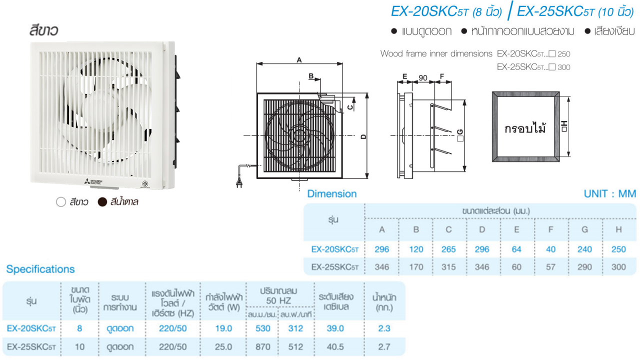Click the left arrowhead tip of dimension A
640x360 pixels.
coord(257,63)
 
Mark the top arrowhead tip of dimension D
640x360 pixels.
coord(367,93)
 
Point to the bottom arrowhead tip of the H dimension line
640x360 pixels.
coord(568,156)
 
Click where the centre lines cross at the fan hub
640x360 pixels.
coord(299,135)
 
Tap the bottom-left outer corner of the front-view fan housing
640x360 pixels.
coord(257,178)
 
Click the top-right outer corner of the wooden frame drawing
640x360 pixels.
coord(559,92)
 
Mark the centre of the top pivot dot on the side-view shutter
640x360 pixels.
coord(432,106)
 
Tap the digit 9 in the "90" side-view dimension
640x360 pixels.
coord(421,77)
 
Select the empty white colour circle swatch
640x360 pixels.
coord(61,202)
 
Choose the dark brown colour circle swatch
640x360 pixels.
coord(102,202)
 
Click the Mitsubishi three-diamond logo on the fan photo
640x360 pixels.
coord(87,181)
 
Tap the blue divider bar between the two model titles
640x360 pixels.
coord(510,10)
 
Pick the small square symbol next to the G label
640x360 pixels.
coord(460,139)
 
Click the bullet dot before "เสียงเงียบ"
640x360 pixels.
coord(587,31)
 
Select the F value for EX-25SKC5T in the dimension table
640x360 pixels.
coord(550,267)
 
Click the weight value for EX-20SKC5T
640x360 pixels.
coord(384,328)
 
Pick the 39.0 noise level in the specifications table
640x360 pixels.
coord(335,328)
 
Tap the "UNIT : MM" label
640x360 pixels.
coord(610,193)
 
